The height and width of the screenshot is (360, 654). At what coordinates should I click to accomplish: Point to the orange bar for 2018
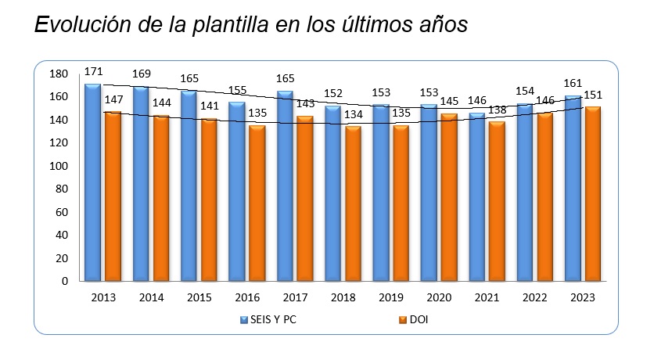tap(353, 203)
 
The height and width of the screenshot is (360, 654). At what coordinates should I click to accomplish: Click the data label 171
tap(94, 71)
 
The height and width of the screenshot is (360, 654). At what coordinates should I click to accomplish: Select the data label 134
tap(354, 114)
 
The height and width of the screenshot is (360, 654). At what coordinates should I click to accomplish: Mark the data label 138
tap(497, 110)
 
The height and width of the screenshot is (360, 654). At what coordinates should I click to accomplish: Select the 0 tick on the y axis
tap(65, 281)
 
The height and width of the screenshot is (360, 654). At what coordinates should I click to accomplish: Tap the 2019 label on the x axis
tap(390, 297)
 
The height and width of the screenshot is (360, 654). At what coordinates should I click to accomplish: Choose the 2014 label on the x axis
tap(151, 297)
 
